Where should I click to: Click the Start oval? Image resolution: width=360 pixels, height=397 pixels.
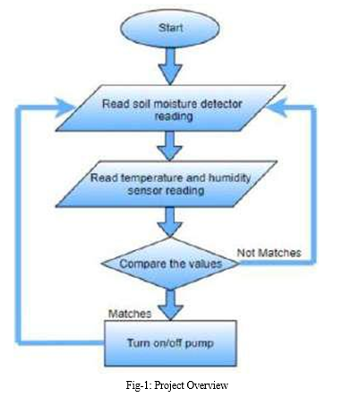[x=170, y=28]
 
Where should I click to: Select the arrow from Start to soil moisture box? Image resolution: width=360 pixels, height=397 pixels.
[x=170, y=65]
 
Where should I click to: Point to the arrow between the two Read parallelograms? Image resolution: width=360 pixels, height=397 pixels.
[x=170, y=146]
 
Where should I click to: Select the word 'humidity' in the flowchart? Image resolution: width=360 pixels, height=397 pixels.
[x=229, y=177]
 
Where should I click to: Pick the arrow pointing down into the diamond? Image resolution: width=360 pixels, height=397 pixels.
[x=170, y=222]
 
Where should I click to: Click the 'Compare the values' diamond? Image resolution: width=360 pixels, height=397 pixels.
[x=170, y=263]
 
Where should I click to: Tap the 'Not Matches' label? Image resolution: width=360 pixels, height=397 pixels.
[x=269, y=253]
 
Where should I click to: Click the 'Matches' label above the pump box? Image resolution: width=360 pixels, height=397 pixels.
[x=130, y=314]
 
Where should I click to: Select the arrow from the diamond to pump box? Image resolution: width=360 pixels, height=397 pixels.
[x=170, y=305]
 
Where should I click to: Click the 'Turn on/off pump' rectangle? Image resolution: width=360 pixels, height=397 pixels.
[x=170, y=343]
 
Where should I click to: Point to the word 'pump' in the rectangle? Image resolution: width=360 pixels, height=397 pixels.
[x=200, y=344]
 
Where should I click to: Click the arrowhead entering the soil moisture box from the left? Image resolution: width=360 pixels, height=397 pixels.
[x=64, y=107]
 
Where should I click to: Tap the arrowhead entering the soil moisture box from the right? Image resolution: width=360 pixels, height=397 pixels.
[x=277, y=107]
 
